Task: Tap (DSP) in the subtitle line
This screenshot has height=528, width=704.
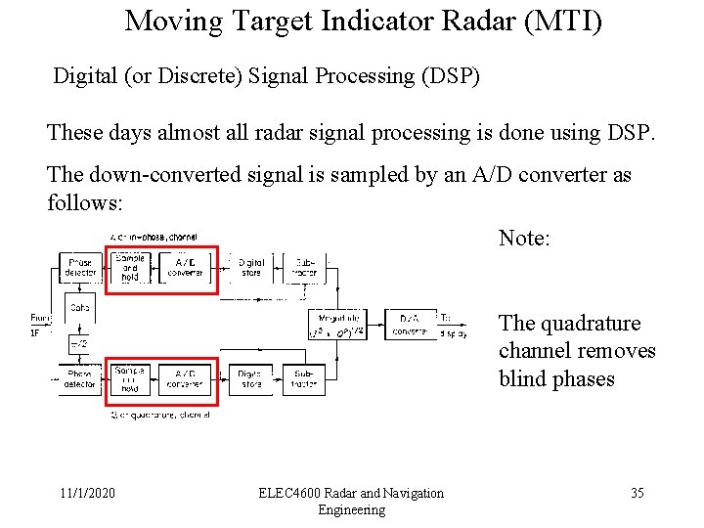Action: point(448,76)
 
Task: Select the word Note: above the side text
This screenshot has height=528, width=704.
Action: point(525,238)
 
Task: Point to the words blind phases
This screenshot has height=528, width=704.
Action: point(556,378)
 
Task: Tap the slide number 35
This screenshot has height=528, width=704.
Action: point(637,493)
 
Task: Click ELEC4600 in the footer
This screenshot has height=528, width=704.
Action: point(290,493)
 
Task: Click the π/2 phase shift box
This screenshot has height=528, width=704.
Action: point(79,344)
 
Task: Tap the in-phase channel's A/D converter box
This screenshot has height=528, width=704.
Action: point(185,267)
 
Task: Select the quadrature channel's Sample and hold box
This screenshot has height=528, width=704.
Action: point(130,379)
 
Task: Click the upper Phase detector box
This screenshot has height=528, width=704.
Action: point(79,267)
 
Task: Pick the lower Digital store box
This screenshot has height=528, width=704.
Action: point(251,379)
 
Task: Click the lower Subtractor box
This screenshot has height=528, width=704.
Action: point(304,379)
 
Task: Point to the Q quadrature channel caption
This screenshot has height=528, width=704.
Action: point(161,415)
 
